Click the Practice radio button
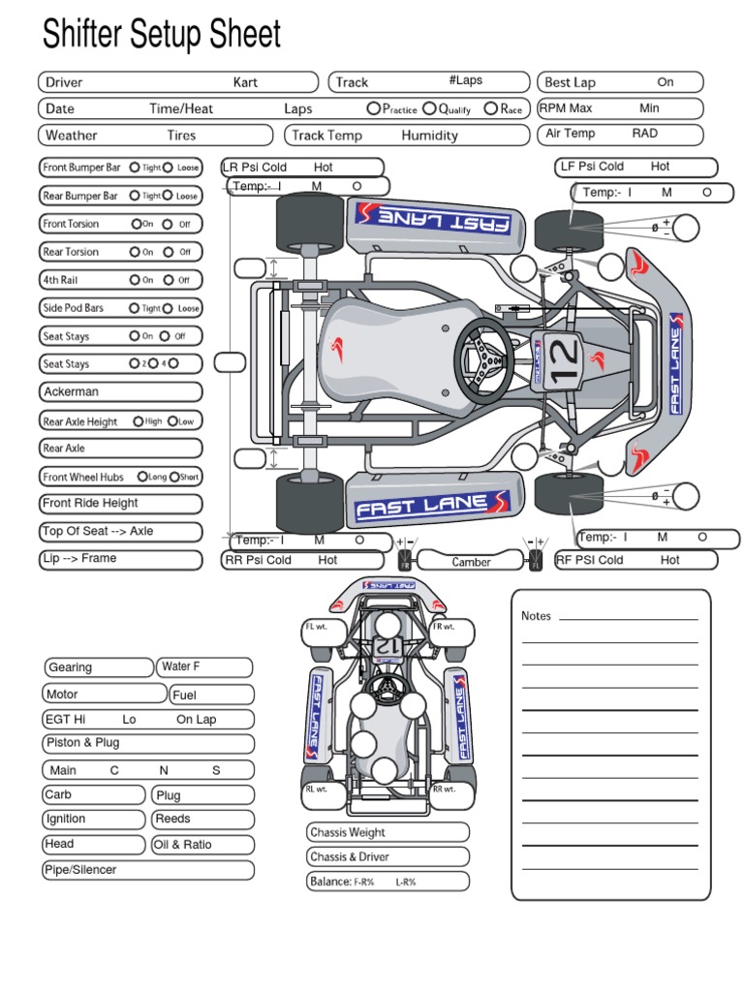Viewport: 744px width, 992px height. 373,108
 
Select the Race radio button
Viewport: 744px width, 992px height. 490,108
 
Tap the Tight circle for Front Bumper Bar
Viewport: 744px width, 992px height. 135,168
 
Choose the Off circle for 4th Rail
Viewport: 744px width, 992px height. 169,280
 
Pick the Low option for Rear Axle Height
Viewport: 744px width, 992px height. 172,421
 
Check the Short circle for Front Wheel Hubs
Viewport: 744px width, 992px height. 174,477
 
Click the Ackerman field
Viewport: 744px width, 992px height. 120,391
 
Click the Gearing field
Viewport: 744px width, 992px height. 99,667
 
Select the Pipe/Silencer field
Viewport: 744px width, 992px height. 148,870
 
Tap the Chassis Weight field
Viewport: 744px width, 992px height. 387,832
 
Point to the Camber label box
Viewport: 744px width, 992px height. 471,561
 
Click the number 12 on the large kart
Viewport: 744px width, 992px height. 563,361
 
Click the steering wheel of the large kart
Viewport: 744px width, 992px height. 484,361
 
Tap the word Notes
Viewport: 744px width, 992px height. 536,616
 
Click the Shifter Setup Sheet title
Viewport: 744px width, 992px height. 162,34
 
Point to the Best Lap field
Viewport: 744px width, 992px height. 620,82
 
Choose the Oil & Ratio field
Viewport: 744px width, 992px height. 202,845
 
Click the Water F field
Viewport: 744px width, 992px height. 204,666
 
